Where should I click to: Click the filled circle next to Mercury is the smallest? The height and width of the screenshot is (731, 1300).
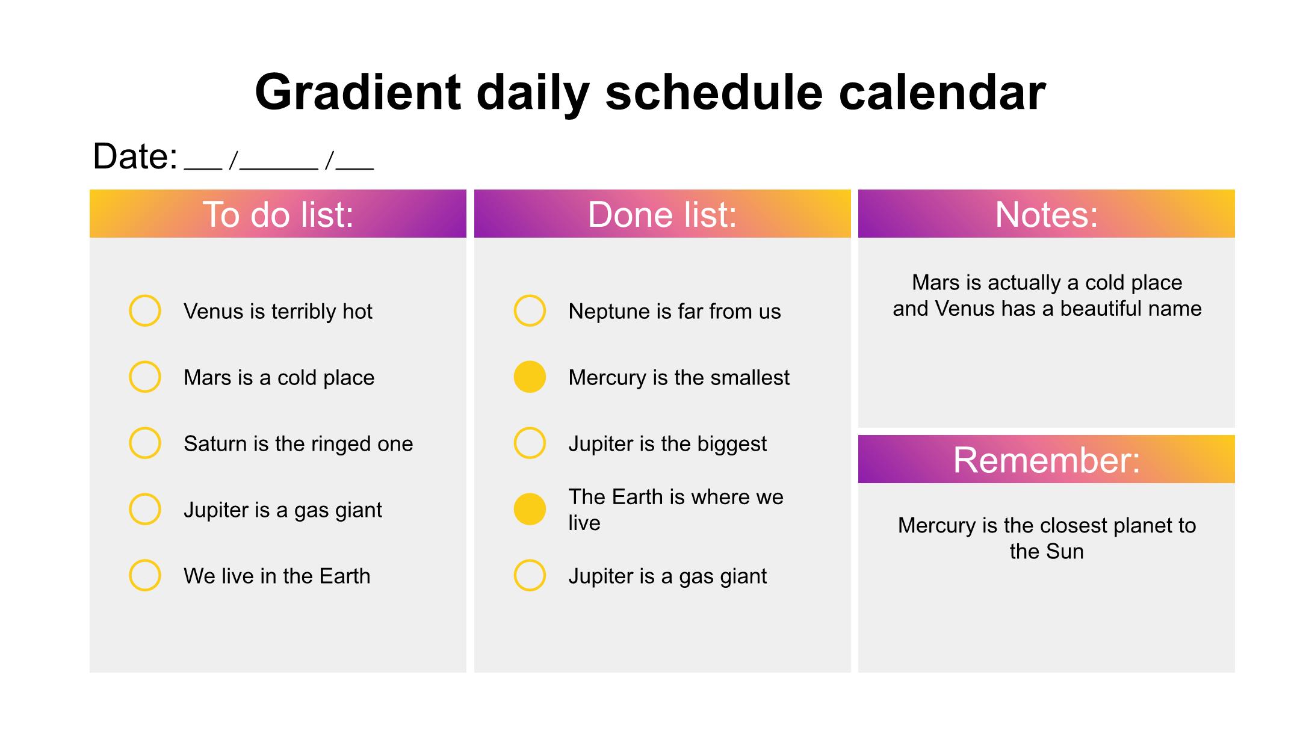tap(530, 377)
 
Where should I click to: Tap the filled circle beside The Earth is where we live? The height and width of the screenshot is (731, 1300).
tap(530, 509)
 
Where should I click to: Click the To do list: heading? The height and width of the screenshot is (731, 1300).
tap(278, 214)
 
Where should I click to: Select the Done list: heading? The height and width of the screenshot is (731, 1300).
tap(662, 214)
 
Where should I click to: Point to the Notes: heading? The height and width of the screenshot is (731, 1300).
tap(1047, 214)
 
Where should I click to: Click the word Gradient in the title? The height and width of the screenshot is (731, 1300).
tap(358, 92)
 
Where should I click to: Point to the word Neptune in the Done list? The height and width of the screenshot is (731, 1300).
tap(609, 312)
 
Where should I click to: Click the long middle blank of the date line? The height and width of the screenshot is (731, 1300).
tap(279, 169)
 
